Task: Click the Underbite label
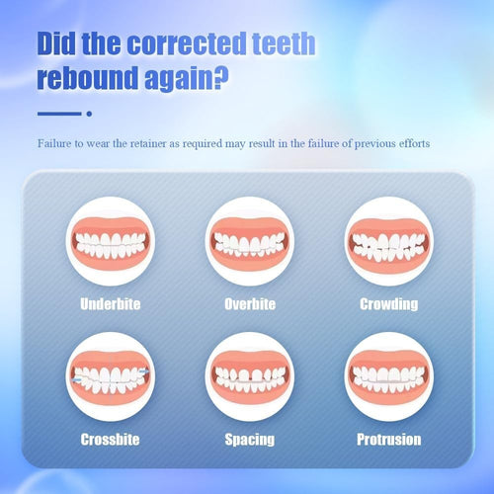pyautogui.click(x=111, y=303)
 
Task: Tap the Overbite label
pyautogui.click(x=250, y=303)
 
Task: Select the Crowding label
pyautogui.click(x=389, y=303)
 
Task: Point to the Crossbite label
pyautogui.click(x=111, y=439)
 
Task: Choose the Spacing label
pyautogui.click(x=250, y=439)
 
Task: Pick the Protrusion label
pyautogui.click(x=389, y=439)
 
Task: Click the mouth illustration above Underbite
pyautogui.click(x=111, y=242)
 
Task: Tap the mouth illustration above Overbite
pyautogui.click(x=250, y=242)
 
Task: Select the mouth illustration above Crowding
pyautogui.click(x=389, y=242)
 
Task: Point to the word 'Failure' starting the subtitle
pyautogui.click(x=56, y=143)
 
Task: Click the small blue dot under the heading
pyautogui.click(x=89, y=114)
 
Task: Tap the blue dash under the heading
pyautogui.click(x=57, y=114)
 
